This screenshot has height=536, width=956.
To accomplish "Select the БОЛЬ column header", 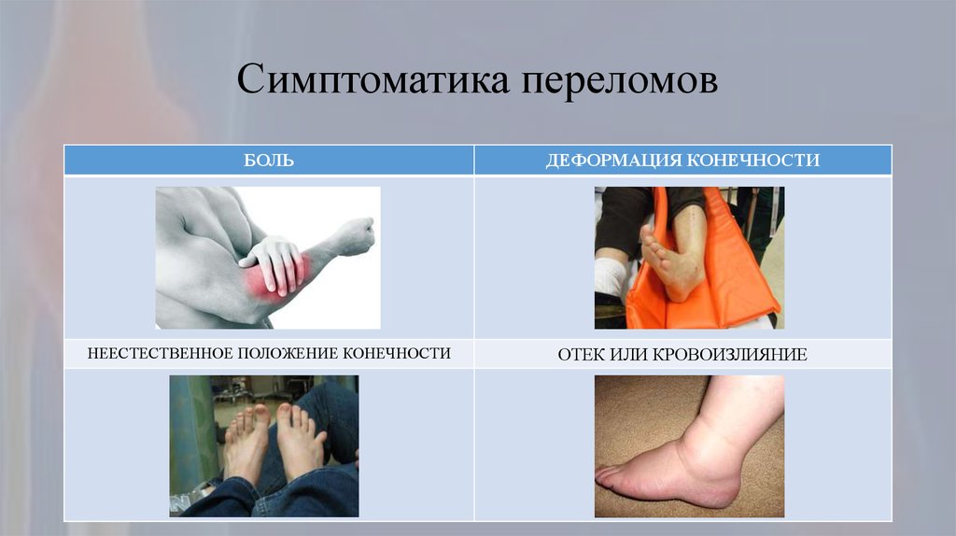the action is point(269,161).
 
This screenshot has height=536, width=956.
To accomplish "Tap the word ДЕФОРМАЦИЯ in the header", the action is point(613,161).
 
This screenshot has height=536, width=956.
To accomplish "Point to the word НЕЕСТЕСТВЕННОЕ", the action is point(160,353).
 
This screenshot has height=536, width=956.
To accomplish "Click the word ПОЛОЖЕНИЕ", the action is point(288,353).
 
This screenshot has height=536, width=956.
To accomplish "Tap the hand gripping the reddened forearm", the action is point(274,261).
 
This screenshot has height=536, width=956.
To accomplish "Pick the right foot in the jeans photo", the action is point(299,440).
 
